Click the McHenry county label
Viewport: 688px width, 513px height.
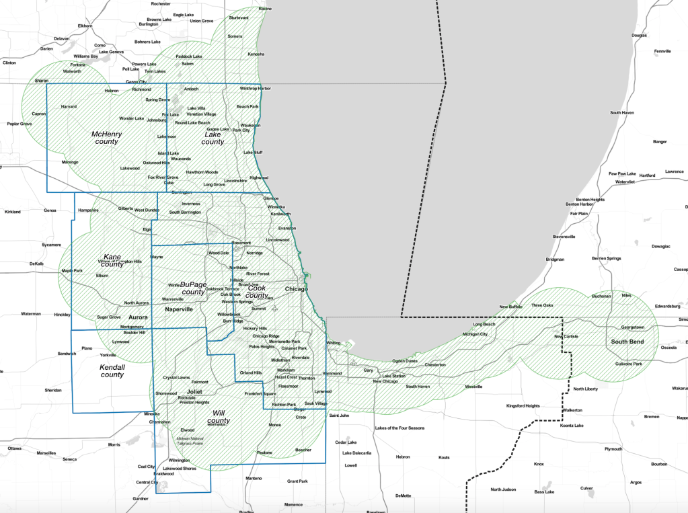[x=106, y=138]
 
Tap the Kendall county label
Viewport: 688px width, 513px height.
[x=112, y=370]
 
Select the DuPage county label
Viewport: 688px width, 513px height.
[x=193, y=288]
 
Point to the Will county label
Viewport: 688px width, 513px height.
[x=219, y=416]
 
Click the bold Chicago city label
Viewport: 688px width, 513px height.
[x=295, y=289]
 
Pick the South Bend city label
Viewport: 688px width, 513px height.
[x=627, y=342]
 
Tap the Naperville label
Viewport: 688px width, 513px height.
[x=179, y=309]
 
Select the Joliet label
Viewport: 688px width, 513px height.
[x=194, y=391]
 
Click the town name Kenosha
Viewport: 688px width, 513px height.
[x=256, y=54]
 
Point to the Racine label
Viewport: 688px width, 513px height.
[x=265, y=9]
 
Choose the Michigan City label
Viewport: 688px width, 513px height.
[x=475, y=334]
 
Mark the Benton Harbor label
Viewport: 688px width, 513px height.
[x=580, y=204]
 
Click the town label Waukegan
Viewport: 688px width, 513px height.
[x=250, y=125]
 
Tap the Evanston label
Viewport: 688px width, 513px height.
[x=287, y=229]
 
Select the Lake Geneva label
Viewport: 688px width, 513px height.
[x=112, y=52]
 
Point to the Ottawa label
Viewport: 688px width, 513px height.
[x=14, y=448]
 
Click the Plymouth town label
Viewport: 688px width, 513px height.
[x=613, y=449]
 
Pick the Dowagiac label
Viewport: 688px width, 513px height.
[x=660, y=246]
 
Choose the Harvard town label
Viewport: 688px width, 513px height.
[x=69, y=106]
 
